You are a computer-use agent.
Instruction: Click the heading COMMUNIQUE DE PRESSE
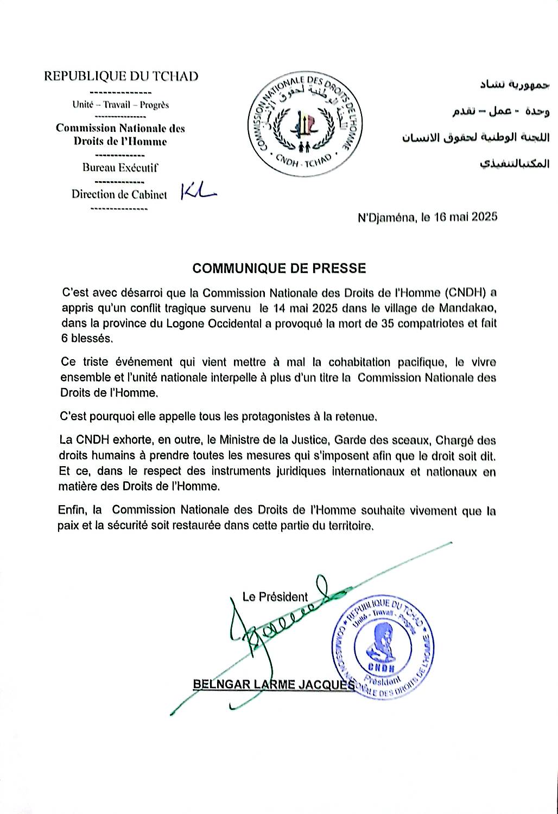279,268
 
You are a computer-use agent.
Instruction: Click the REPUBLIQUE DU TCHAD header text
121,76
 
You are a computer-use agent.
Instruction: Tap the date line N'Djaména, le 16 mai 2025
427,218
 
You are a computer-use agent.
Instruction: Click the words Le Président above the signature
275,597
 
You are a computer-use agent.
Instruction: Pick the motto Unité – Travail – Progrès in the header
121,105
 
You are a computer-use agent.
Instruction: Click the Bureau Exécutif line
120,168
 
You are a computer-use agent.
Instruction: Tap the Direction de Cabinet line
119,194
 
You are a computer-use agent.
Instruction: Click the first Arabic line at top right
515,85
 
